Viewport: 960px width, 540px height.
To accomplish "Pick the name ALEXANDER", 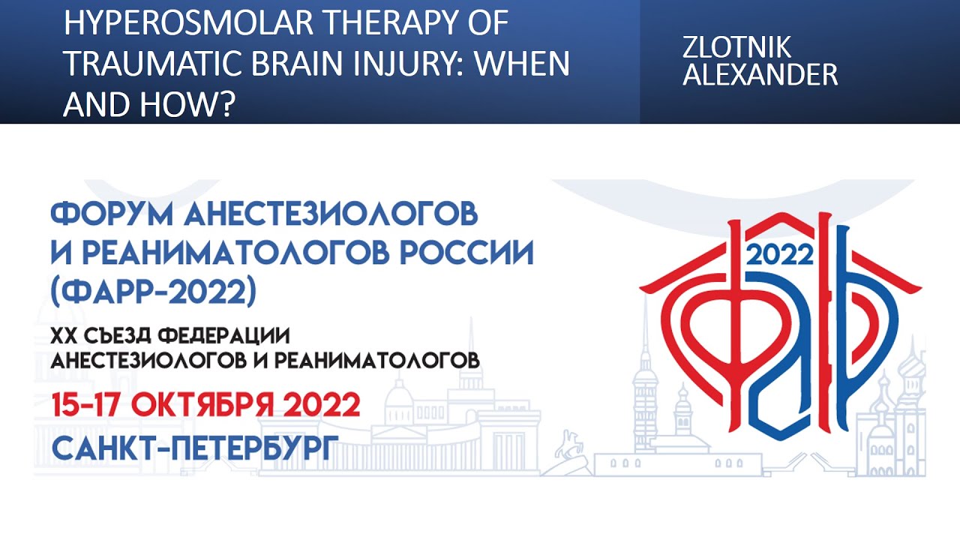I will click(760, 75).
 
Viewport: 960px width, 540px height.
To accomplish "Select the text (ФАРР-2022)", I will click(154, 292).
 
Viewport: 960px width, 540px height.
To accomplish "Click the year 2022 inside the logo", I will click(781, 255).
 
